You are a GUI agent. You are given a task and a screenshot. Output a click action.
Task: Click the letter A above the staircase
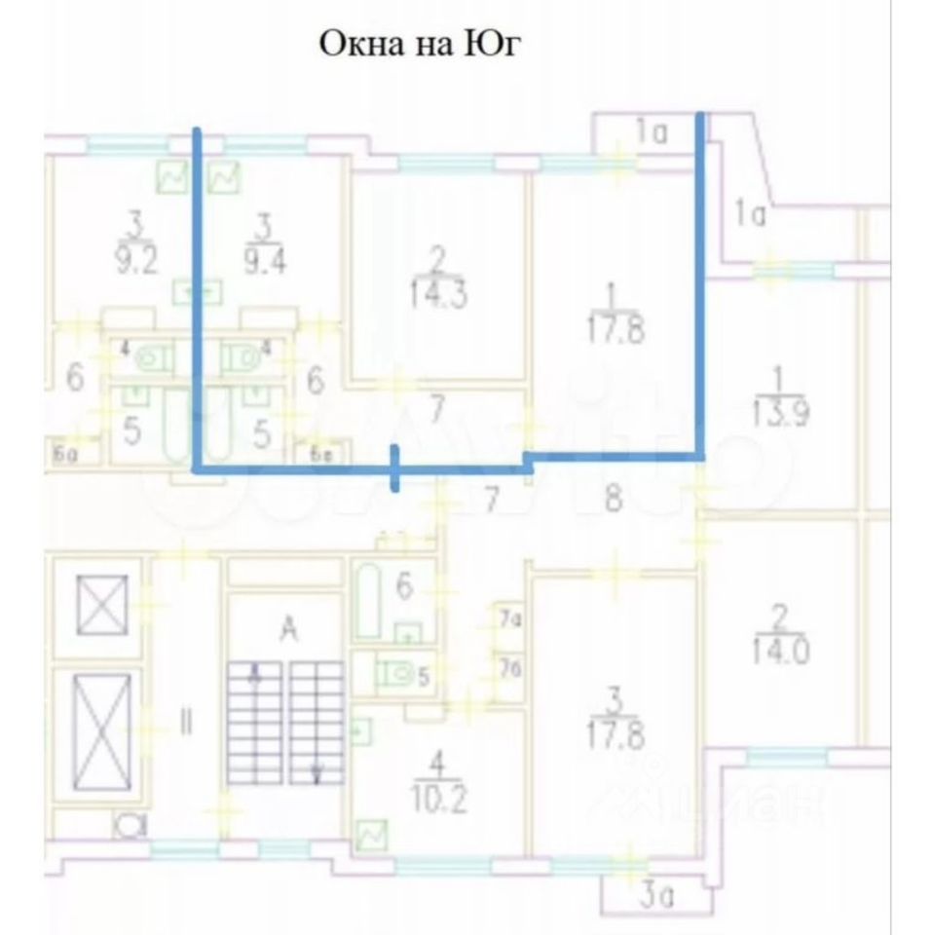(288, 630)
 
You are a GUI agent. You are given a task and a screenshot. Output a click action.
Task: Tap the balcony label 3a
(649, 892)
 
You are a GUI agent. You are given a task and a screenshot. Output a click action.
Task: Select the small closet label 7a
(508, 617)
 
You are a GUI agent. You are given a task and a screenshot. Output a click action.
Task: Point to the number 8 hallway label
(613, 500)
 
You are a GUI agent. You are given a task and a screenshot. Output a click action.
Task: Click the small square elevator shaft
(102, 604)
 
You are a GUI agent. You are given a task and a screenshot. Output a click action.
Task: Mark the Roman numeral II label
(186, 723)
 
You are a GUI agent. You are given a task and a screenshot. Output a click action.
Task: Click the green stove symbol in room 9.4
(225, 177)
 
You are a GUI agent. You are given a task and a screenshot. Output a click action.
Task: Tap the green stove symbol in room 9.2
(173, 177)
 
